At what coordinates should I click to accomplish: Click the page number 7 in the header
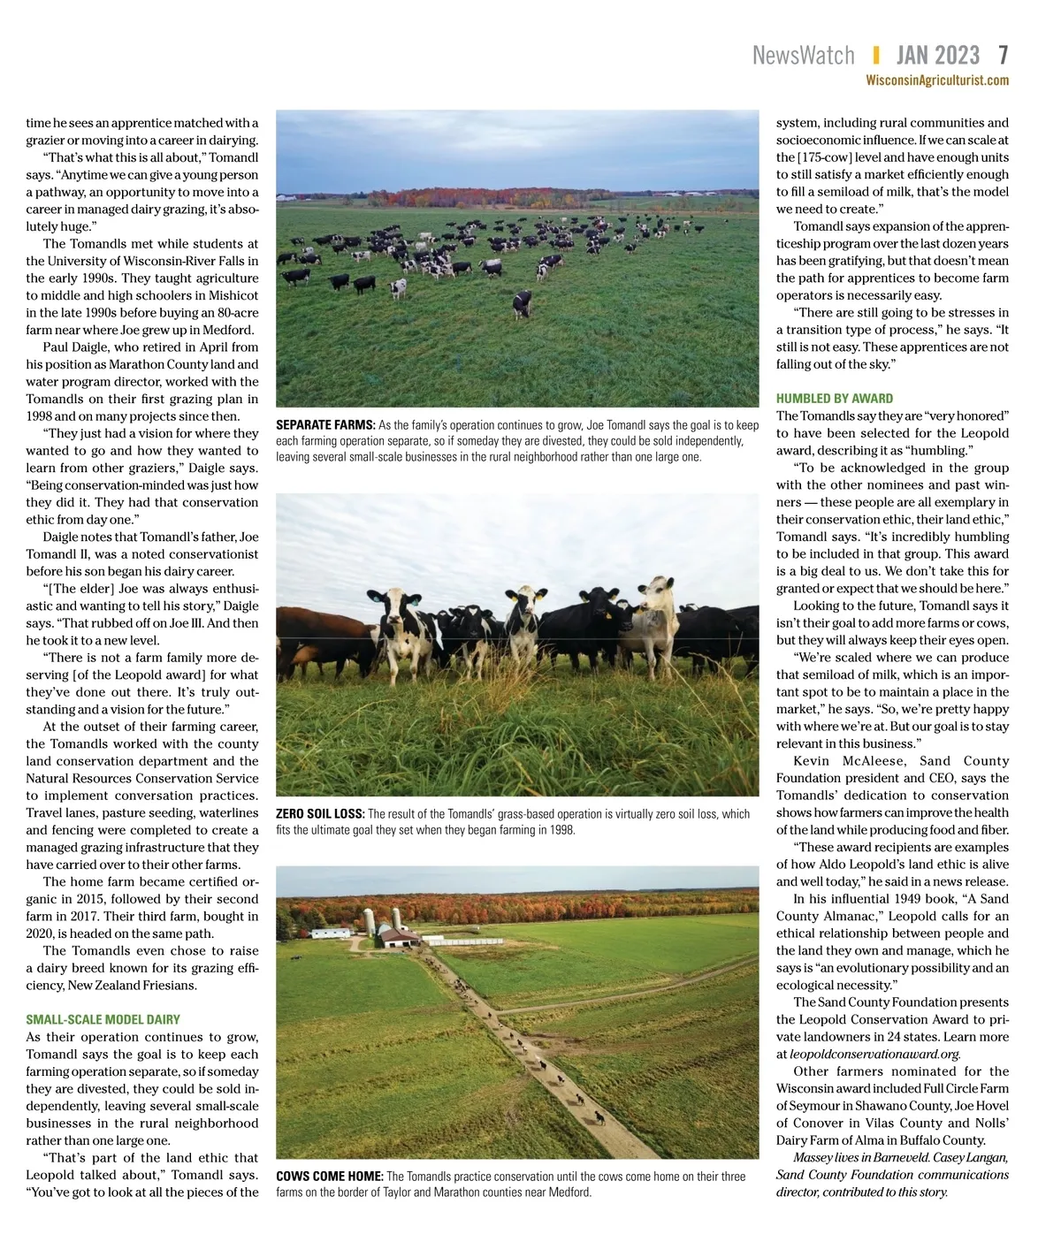pos(1003,56)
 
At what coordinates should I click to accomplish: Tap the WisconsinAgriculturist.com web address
pos(937,80)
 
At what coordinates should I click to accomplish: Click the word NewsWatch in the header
pos(803,56)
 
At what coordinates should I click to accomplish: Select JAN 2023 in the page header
pos(937,56)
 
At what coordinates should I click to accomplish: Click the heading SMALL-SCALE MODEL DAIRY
pos(103,1019)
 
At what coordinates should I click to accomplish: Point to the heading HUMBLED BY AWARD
pos(835,399)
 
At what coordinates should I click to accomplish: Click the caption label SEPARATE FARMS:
pos(325,425)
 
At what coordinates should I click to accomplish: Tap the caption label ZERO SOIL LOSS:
pos(320,814)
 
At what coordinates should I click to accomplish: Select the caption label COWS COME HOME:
pos(329,1177)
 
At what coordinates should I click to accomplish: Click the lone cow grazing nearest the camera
pos(523,303)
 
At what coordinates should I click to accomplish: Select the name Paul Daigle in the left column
pos(78,347)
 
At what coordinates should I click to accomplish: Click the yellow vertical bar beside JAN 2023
pos(875,56)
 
